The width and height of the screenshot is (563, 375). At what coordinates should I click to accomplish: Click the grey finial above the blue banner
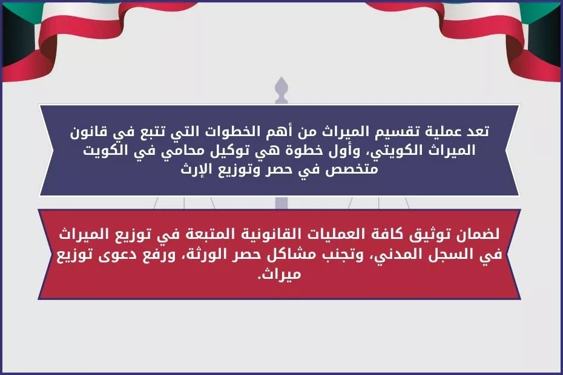(x=280, y=91)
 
